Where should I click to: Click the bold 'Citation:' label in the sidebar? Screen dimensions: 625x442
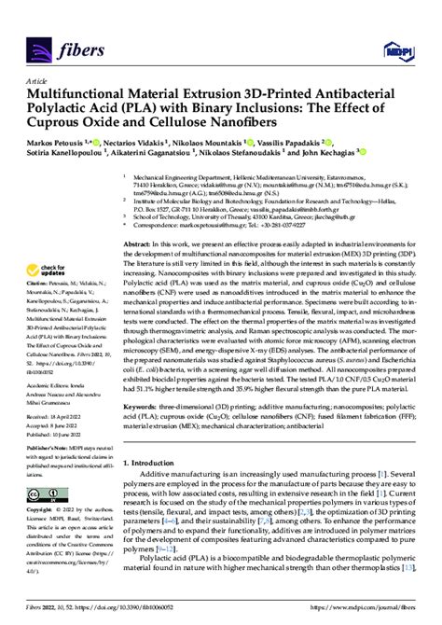coord(39,282)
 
